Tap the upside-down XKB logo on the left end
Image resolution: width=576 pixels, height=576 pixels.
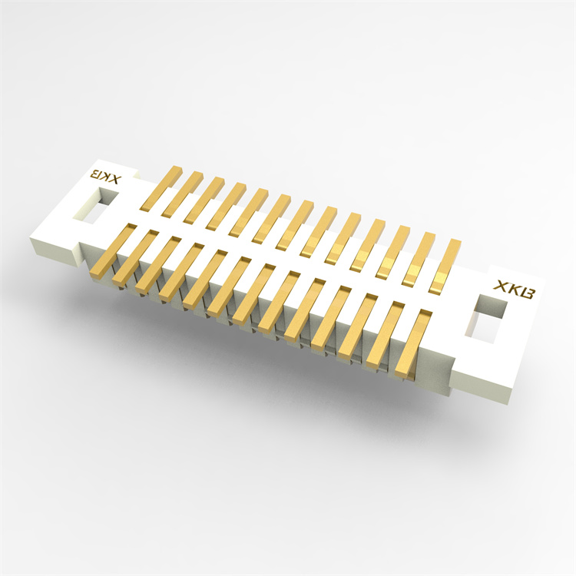(104, 175)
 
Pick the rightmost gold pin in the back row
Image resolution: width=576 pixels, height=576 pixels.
(443, 265)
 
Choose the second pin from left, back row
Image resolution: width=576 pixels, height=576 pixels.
(183, 194)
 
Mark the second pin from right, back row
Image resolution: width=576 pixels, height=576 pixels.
(419, 258)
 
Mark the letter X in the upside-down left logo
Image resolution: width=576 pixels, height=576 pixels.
(114, 178)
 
